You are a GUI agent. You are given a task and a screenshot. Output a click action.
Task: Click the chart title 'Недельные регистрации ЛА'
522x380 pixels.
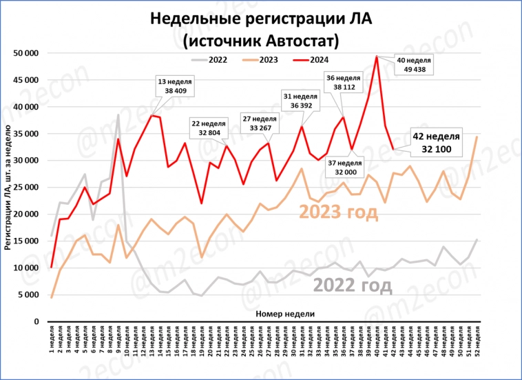coord(261,19)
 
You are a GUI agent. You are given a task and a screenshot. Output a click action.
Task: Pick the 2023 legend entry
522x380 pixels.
coord(261,60)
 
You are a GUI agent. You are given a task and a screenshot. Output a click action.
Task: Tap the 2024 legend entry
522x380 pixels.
coord(311,60)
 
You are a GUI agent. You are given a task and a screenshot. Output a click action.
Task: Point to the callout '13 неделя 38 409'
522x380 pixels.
coord(174,86)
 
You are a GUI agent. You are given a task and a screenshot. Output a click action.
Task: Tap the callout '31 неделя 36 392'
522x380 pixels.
coord(301,101)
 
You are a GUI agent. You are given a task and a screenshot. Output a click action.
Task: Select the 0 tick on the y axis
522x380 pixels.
coord(36,321)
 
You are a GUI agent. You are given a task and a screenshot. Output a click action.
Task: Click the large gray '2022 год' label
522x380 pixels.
coord(352,286)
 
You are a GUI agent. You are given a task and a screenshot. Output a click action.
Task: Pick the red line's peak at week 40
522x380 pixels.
coord(377,57)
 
